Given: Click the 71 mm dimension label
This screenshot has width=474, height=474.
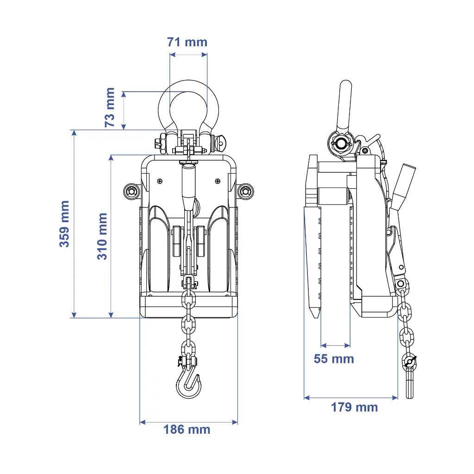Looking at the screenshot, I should click(x=187, y=42).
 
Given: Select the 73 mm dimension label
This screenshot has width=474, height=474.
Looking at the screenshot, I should click(x=110, y=107).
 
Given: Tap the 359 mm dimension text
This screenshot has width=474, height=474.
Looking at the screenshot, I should click(x=64, y=224).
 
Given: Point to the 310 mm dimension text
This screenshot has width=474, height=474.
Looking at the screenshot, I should click(x=102, y=236).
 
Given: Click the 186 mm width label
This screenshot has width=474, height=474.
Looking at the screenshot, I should click(x=187, y=430).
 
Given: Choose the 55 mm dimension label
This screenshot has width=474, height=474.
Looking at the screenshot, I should click(x=334, y=359).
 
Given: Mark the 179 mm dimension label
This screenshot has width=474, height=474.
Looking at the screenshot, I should click(x=354, y=407).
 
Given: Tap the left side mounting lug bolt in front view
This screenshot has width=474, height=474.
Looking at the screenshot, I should click(x=131, y=191).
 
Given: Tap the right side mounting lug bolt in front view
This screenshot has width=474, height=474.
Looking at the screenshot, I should click(x=245, y=191).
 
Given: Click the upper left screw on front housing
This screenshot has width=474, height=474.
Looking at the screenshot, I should click(x=160, y=181).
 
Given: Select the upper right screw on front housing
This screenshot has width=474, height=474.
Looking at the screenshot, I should click(x=217, y=181).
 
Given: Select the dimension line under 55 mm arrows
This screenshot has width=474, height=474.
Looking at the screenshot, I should click(x=336, y=345).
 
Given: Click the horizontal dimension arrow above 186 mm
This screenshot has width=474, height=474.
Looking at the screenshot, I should click(x=188, y=422).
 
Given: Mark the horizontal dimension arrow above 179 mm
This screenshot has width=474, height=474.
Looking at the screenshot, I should click(x=351, y=397).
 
